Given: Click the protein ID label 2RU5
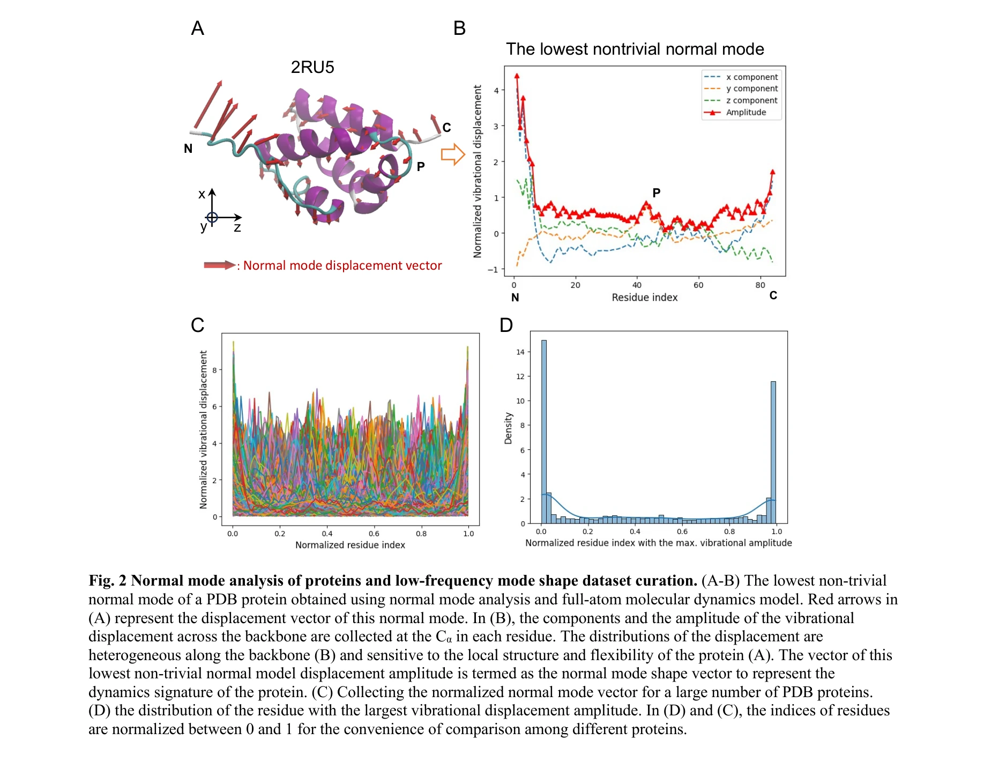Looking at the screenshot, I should point(312,67).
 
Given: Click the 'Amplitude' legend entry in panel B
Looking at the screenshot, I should point(746,112).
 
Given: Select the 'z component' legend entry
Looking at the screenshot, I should point(751,100).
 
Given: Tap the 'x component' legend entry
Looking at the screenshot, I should point(751,77).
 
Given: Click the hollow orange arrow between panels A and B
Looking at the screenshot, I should point(452,154).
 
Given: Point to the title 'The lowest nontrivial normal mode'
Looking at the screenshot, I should point(635,49).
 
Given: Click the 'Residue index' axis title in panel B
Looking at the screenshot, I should point(644,297).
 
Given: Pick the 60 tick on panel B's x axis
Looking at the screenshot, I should point(698,285).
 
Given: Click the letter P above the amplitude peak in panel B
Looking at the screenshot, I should point(656,193).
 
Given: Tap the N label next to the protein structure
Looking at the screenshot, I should point(188,149).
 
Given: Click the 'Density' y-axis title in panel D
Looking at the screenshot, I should point(508,428).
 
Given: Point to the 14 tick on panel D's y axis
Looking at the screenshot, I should point(520,352).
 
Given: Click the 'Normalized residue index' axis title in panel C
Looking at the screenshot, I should point(350,545).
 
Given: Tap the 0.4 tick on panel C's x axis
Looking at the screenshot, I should point(327,534).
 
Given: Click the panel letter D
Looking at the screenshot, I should point(506,325).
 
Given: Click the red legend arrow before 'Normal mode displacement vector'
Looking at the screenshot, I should point(219,265).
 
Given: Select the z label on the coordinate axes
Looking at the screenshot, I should point(237,227).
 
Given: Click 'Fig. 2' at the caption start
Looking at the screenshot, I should point(107,580).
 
